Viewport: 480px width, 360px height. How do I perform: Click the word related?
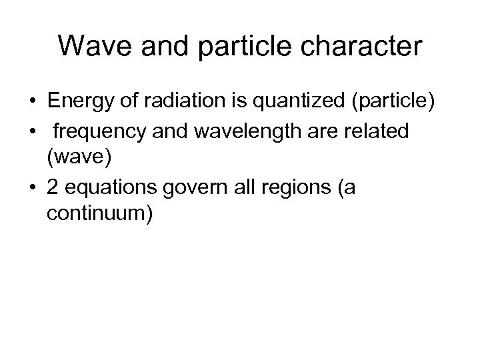point(386,131)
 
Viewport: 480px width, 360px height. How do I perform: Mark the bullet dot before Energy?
point(33,102)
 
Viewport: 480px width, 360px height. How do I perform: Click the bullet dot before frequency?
point(33,132)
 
